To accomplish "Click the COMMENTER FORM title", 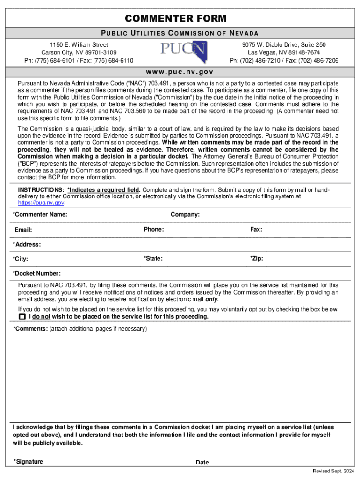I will (175, 19).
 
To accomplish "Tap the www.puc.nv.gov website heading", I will (180, 72).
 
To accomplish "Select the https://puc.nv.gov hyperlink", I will (41, 203).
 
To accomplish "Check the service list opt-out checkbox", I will (22, 317).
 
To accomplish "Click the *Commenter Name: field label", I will (40, 214).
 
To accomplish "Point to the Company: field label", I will (185, 214).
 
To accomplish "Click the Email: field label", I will (23, 230).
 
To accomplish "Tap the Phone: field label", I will (154, 229).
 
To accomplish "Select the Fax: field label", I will (256, 229).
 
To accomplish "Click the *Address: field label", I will (27, 244).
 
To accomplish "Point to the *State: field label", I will (153, 258).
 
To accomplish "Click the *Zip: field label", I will (256, 258).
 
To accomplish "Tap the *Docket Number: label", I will (36, 273).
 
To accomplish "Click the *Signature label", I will (29, 462).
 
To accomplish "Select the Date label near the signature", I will (202, 462).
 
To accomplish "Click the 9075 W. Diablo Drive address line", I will (284, 44).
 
